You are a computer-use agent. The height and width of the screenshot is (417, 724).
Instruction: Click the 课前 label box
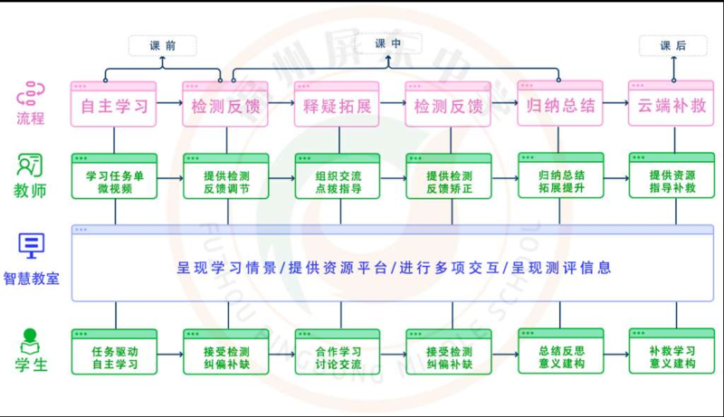pos(163,45)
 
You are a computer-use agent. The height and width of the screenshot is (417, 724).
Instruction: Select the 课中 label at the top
pos(388,43)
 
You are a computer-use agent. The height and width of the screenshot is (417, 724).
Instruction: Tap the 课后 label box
pos(672,45)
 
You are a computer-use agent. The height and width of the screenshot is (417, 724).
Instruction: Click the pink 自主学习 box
pos(114,104)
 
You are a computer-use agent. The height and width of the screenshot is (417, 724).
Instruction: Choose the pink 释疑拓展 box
pos(337,104)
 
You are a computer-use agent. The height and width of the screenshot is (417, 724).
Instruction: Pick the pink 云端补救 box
pos(672,103)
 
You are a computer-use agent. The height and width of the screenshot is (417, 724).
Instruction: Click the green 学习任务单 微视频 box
pos(115,176)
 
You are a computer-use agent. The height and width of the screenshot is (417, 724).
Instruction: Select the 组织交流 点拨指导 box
pos(338,176)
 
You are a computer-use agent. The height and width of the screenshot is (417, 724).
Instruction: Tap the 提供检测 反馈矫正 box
pos(449,176)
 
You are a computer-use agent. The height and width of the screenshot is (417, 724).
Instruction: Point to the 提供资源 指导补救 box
pos(672,175)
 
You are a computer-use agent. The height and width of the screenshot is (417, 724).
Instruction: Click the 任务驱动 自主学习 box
pos(115,352)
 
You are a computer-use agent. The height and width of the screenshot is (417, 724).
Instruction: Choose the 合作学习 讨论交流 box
pos(338,352)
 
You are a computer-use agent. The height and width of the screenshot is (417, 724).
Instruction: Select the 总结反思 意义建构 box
pos(561,351)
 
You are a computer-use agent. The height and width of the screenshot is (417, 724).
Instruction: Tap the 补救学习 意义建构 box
pos(672,351)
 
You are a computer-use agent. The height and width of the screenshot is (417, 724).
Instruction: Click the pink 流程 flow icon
pos(31,94)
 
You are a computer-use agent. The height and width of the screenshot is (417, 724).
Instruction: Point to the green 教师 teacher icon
pos(30,166)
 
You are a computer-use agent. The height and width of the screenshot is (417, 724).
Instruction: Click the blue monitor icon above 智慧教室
pos(32,246)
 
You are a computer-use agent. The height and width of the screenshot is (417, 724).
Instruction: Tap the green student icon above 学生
pos(30,341)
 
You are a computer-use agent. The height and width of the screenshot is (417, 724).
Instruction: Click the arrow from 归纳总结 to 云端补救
pos(616,103)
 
